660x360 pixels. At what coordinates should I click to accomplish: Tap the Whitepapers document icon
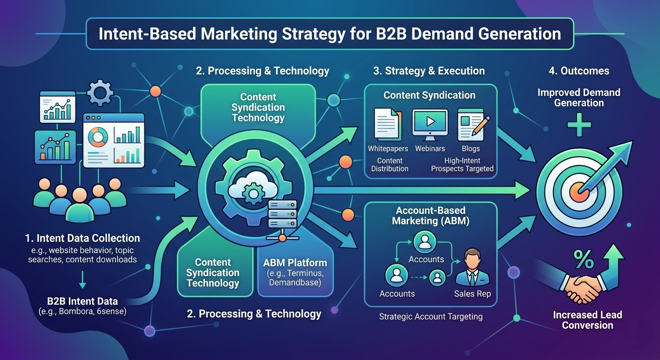point(387,124)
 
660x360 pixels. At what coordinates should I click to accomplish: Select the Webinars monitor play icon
point(430,123)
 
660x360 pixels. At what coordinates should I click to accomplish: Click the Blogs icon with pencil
point(472,124)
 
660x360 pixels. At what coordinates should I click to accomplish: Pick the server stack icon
point(282,217)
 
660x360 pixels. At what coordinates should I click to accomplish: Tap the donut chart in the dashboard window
point(98,137)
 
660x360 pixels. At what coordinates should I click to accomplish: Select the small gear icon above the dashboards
point(100,92)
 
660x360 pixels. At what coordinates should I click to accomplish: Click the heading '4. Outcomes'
point(579,71)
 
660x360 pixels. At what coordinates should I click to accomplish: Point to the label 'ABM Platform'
point(295,262)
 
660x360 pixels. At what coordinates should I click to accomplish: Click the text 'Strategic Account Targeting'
point(431,316)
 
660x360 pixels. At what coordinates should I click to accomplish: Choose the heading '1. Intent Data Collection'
point(82,238)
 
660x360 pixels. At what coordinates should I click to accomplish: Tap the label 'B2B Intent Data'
point(82,301)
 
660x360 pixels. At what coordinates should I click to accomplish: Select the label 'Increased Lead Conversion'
point(587,320)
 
